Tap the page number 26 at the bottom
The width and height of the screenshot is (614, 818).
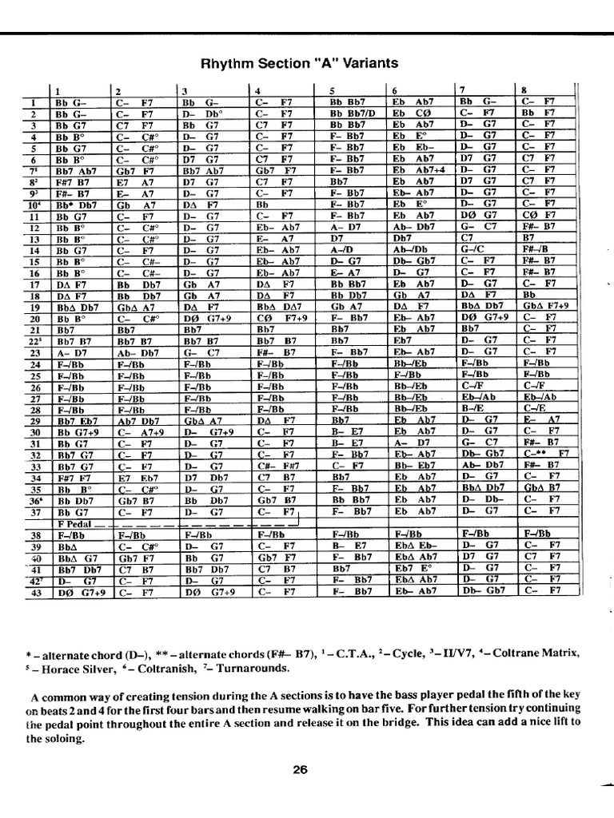(300, 770)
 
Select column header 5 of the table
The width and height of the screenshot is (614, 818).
(331, 90)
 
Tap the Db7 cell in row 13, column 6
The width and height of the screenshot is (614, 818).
(401, 237)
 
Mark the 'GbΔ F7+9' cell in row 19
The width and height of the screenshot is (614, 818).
(547, 305)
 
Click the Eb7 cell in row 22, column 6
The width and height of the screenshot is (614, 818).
(402, 340)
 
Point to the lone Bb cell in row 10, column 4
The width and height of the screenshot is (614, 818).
(264, 204)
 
